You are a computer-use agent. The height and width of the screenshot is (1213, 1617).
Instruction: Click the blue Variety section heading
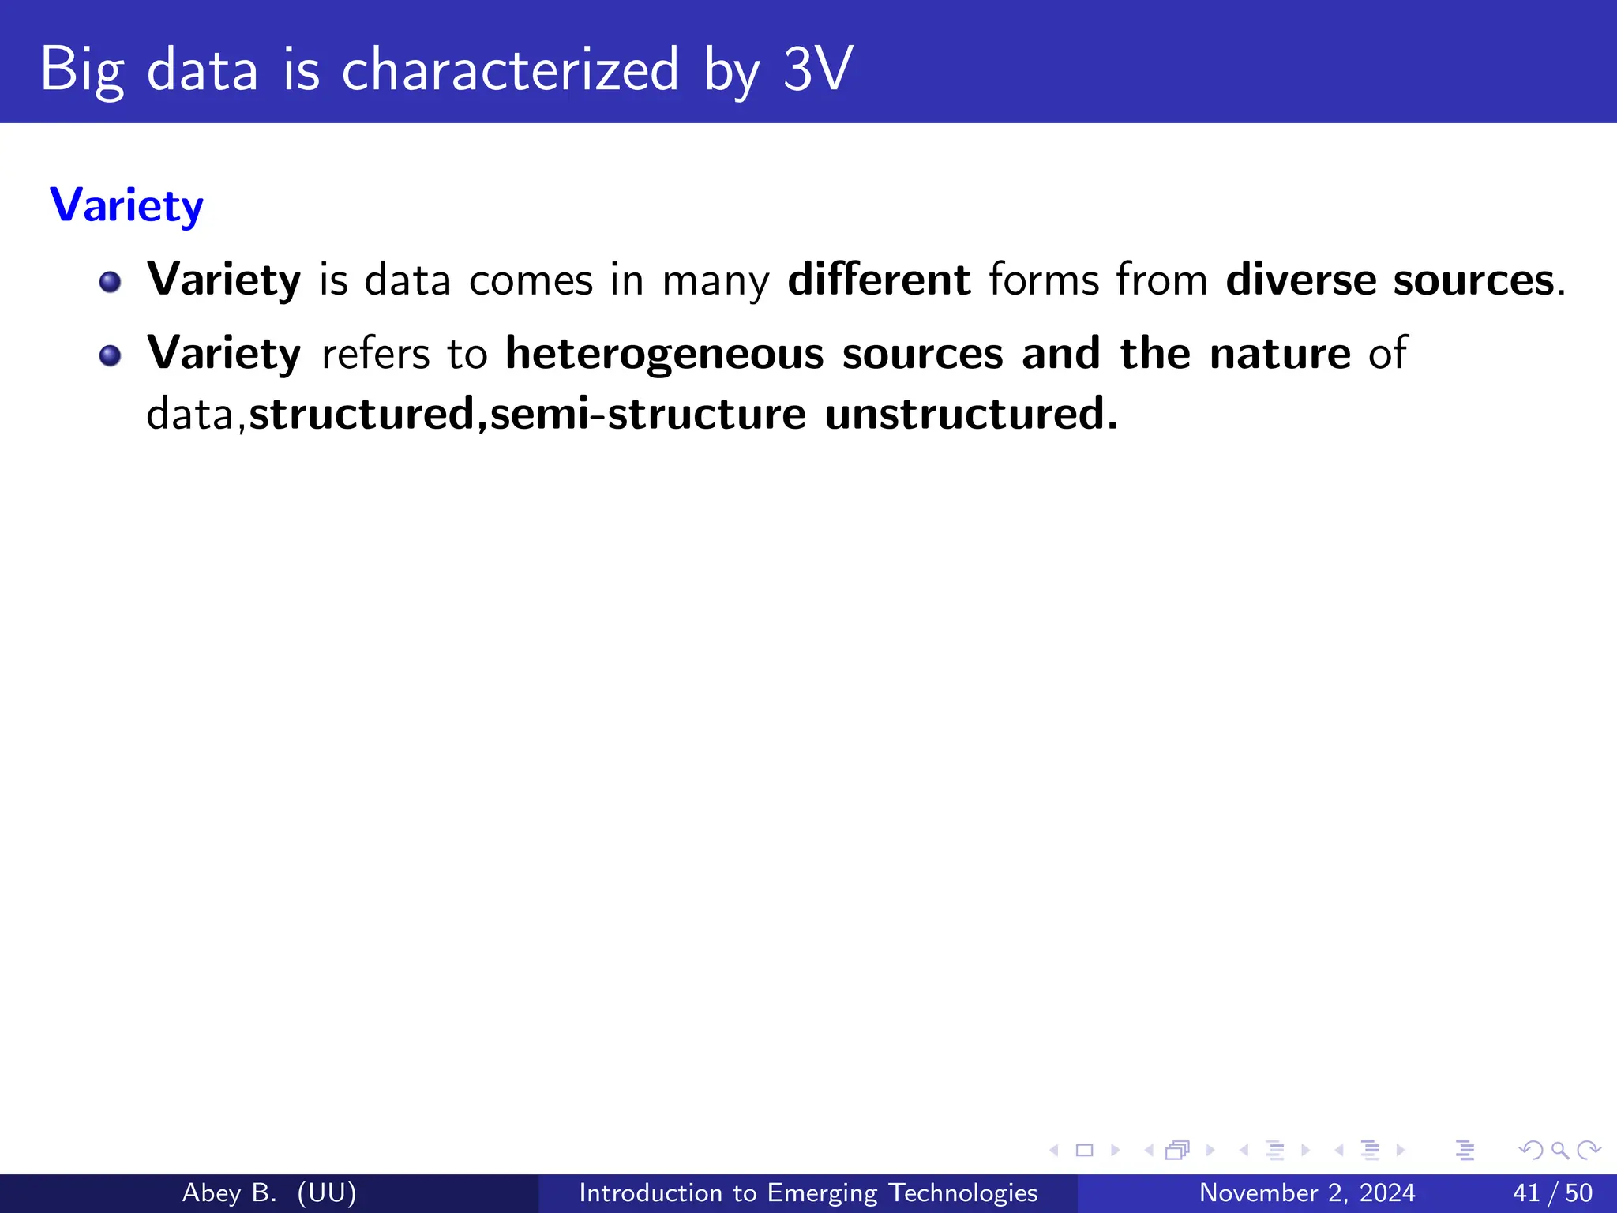click(126, 205)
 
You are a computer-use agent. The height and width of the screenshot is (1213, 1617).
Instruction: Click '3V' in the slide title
click(818, 69)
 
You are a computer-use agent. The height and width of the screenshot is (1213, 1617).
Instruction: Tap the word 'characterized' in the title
click(509, 69)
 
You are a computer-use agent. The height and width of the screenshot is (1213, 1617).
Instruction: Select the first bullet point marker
click(110, 282)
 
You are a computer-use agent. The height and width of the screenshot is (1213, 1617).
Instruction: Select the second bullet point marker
click(110, 355)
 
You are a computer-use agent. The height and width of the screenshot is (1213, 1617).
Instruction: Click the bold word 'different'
click(879, 280)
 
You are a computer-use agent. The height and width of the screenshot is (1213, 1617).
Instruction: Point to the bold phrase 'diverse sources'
click(1390, 280)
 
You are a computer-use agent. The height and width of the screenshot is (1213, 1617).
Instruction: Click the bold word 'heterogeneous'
click(664, 353)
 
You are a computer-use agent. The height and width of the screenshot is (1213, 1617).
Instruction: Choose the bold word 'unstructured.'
click(971, 414)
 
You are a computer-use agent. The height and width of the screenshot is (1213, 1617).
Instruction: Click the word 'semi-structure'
click(647, 414)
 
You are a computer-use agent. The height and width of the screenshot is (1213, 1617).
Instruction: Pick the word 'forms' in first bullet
click(1044, 280)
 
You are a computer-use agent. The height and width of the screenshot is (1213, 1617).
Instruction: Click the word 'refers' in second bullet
click(375, 353)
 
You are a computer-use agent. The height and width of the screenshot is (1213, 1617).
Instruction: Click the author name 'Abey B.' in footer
click(229, 1192)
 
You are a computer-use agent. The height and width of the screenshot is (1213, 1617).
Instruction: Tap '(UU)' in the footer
click(327, 1192)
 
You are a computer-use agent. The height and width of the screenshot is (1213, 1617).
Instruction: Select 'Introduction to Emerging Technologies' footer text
click(808, 1192)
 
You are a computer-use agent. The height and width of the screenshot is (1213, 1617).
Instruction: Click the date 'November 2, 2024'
click(1307, 1192)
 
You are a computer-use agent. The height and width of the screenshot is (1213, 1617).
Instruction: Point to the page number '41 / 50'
click(1552, 1192)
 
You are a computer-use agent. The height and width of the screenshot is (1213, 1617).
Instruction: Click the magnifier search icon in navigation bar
click(1559, 1151)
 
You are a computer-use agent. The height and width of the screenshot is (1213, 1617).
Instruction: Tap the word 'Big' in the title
click(81, 69)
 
